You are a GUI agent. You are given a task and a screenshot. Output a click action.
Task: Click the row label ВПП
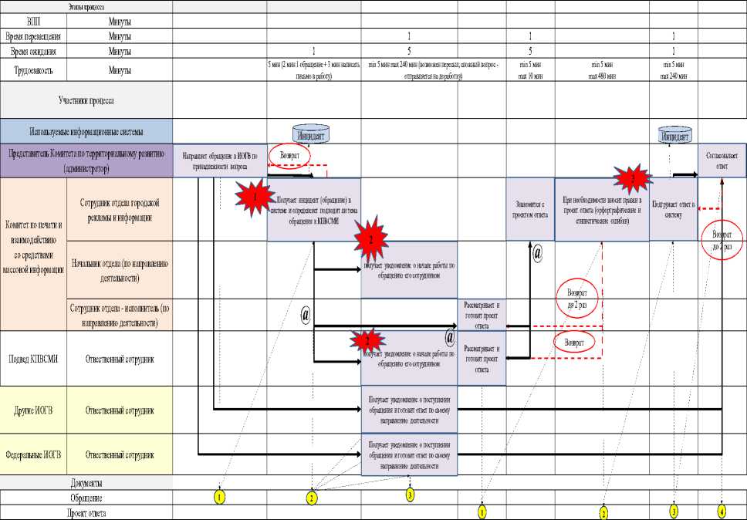(x=35, y=22)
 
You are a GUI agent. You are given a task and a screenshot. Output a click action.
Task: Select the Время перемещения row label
(x=44, y=36)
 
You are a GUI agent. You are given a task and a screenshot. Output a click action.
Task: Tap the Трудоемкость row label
(x=44, y=71)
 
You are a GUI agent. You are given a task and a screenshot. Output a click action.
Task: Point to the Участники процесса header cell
(x=86, y=100)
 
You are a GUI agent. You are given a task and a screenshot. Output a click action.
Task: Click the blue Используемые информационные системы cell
(x=86, y=131)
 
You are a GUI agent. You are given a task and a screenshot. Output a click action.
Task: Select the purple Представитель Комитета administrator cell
(x=86, y=161)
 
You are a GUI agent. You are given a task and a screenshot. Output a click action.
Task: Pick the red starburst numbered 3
(x=633, y=178)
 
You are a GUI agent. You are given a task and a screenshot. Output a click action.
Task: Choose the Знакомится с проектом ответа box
(x=530, y=209)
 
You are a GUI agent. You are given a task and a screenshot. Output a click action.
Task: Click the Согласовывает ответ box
(x=722, y=160)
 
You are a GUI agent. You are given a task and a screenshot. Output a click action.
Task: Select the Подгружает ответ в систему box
(x=673, y=210)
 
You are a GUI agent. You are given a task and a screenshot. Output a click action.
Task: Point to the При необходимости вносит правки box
(x=601, y=210)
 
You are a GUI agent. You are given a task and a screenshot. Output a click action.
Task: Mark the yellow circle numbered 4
(x=722, y=510)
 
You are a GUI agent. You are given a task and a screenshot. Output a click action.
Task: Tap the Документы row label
(x=86, y=483)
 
